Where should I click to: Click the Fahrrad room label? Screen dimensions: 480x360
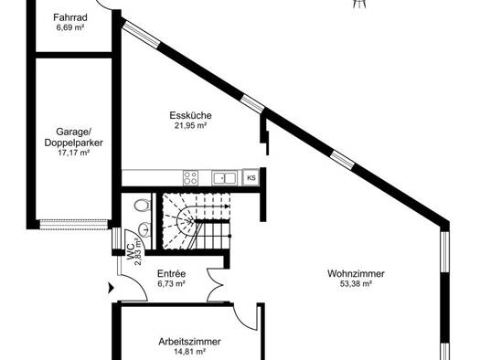coord(70,17)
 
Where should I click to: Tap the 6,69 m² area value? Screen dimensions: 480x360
coord(70,27)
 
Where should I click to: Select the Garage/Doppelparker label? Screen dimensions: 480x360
coord(73,137)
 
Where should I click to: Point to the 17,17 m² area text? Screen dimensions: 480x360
coord(73,153)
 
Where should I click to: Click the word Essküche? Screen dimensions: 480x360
coord(190,115)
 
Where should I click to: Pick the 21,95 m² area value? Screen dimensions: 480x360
coord(190,125)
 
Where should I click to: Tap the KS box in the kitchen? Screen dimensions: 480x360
coord(251,177)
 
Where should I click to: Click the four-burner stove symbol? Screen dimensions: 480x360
coord(190,177)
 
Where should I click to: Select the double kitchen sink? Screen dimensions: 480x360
coord(224,177)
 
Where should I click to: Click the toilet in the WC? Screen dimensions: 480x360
coord(143,205)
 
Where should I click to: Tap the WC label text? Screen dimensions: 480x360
coord(131,251)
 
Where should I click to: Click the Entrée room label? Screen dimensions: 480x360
coord(172,273)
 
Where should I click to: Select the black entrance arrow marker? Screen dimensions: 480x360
coord(111,288)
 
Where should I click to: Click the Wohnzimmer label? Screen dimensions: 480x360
coord(356,273)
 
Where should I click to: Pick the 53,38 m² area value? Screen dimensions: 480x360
coord(356,283)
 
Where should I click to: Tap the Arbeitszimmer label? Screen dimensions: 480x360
coord(189,342)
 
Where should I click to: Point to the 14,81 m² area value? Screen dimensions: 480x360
coord(189,352)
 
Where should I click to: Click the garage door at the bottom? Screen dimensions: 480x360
coord(73,224)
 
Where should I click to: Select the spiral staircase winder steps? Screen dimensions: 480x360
coord(179,221)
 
